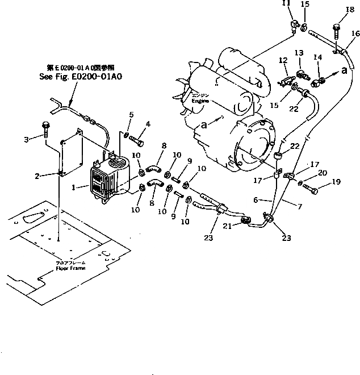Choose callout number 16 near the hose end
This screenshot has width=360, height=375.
pyautogui.click(x=355, y=34)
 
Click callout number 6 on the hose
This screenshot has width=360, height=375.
pyautogui.click(x=257, y=200)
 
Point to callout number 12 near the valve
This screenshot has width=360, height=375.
pyautogui.click(x=283, y=60)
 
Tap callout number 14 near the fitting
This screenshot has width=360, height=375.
pyautogui.click(x=317, y=57)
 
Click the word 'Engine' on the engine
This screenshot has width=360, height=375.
pyautogui.click(x=200, y=101)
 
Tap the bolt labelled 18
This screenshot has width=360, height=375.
pyautogui.click(x=336, y=26)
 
